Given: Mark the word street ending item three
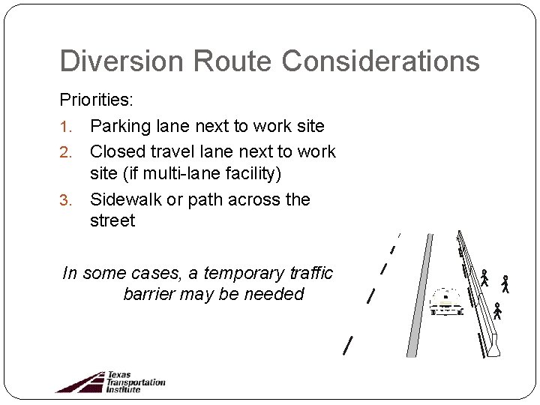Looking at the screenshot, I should click(112, 221).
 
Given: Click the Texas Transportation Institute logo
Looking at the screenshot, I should click(110, 381).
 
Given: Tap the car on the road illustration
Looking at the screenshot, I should click(446, 301).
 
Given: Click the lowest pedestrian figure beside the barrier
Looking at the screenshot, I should click(496, 311).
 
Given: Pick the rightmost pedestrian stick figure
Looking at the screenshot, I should click(505, 283).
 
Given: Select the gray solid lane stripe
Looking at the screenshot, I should click(419, 295).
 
